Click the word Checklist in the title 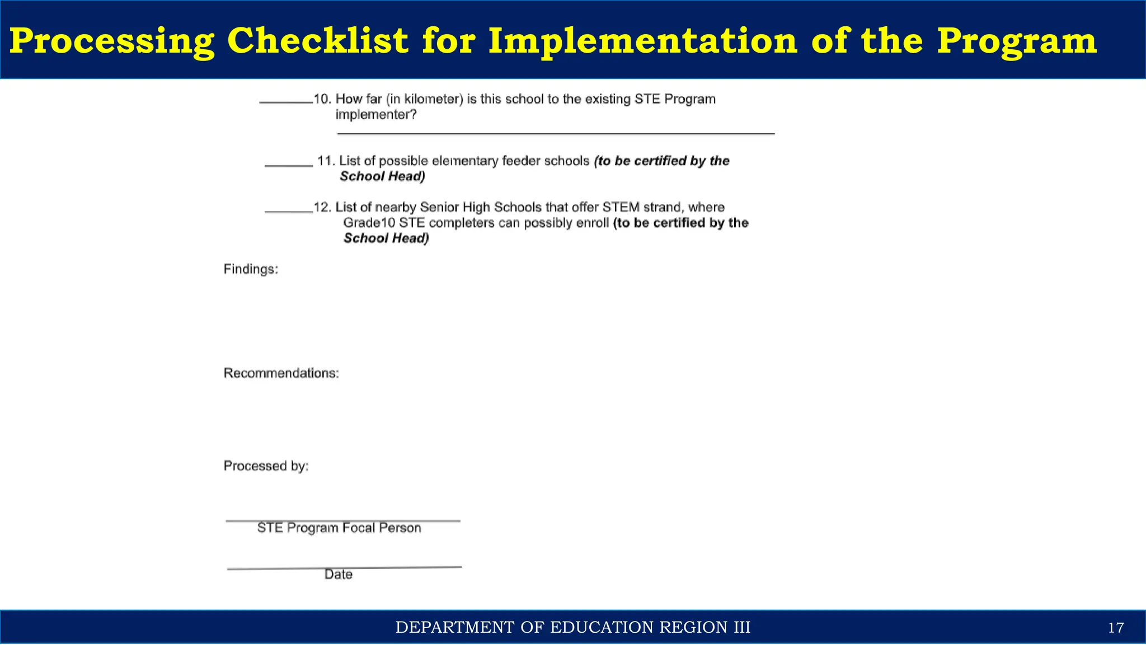click(317, 41)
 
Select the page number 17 click(1116, 628)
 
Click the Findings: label click(251, 269)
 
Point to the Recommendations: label click(281, 373)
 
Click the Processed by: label click(266, 466)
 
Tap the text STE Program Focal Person click(339, 528)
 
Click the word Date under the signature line click(339, 574)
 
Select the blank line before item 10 click(286, 102)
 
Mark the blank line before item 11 click(289, 166)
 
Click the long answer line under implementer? click(556, 133)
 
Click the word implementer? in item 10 click(376, 115)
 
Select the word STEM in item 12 click(621, 208)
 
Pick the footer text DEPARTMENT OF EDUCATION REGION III click(573, 628)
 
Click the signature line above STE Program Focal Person click(343, 521)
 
